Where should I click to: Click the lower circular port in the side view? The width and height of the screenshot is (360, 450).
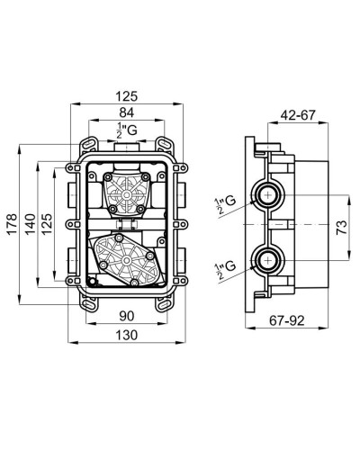point(267,261)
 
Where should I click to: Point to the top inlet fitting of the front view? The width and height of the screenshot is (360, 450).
point(128,146)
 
